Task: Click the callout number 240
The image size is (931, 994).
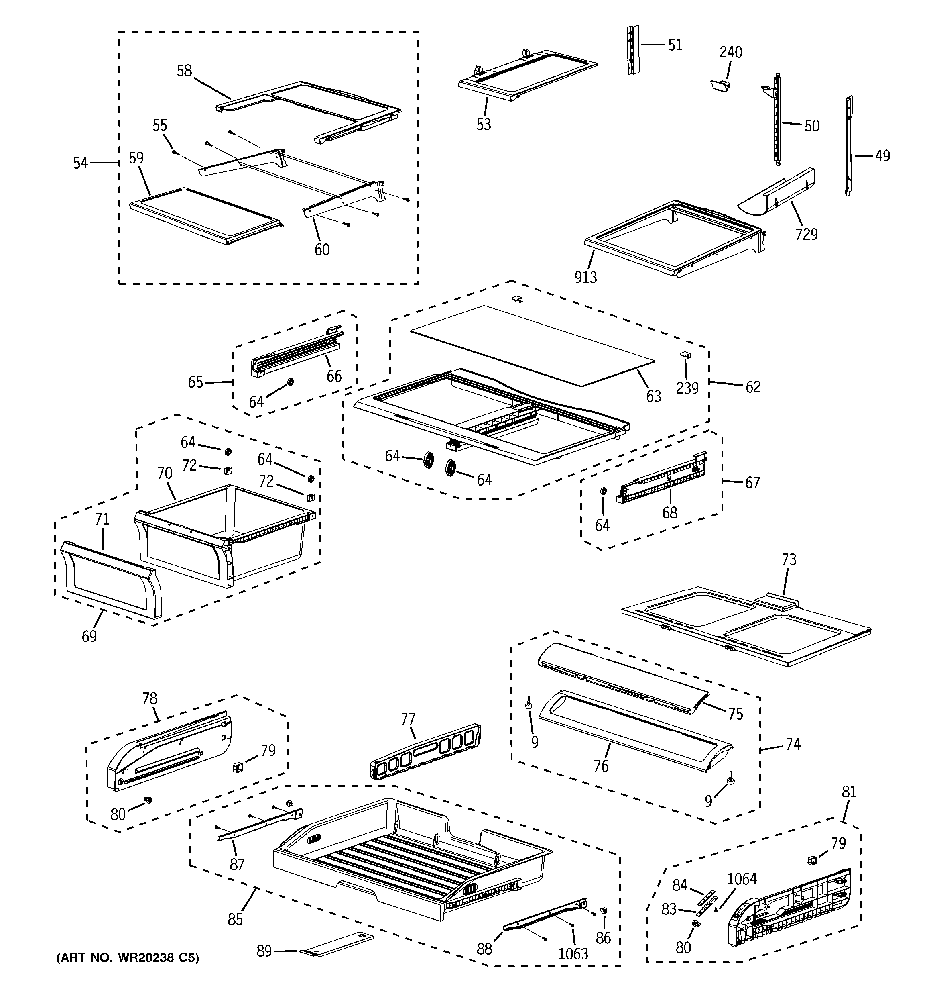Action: (x=731, y=52)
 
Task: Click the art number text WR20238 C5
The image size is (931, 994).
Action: (x=128, y=958)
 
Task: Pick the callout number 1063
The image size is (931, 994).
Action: (x=573, y=953)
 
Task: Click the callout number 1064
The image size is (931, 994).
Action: (x=742, y=878)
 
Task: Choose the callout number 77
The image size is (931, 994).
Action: (x=408, y=719)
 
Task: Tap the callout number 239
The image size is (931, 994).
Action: (x=687, y=388)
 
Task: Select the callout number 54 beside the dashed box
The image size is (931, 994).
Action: (x=80, y=163)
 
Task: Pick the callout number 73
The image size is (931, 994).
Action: (x=789, y=559)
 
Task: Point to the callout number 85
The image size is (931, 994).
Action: (x=235, y=919)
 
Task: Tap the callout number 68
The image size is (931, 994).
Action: (x=670, y=512)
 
